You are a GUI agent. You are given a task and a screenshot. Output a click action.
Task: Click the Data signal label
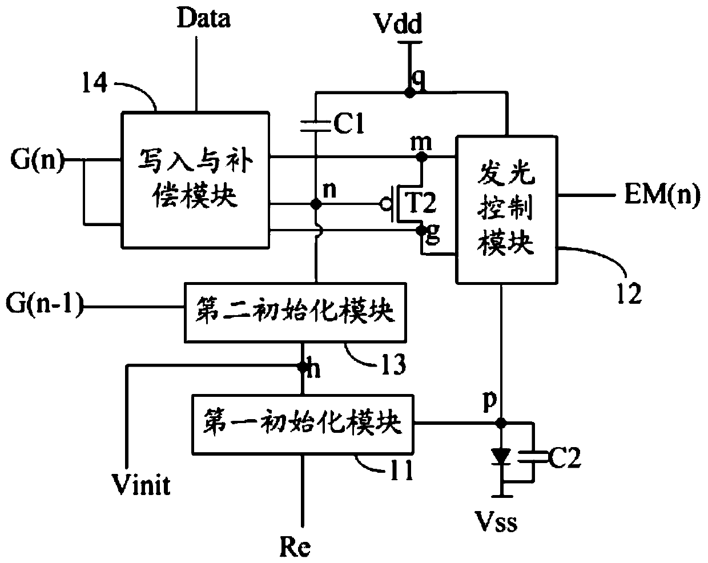click(x=204, y=18)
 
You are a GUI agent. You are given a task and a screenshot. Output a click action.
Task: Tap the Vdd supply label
click(x=399, y=23)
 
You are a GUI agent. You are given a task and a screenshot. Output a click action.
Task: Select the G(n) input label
click(x=37, y=160)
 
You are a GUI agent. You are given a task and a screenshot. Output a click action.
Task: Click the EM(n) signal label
click(x=662, y=195)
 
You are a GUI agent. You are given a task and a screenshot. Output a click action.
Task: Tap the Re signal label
click(x=295, y=547)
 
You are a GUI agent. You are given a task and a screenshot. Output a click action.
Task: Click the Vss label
click(x=496, y=521)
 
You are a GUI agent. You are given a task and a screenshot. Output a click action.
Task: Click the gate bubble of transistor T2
click(x=385, y=204)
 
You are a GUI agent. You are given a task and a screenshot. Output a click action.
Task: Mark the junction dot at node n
click(x=316, y=204)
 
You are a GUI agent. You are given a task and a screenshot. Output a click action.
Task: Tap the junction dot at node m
click(x=422, y=158)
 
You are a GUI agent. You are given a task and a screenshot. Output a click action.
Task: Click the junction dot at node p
click(x=501, y=423)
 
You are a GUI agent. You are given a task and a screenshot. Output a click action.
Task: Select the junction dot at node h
click(x=303, y=367)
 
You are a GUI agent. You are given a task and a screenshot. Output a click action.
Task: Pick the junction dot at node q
click(x=409, y=93)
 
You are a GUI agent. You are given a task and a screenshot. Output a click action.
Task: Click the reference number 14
click(x=95, y=83)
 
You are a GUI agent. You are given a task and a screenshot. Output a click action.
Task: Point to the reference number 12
click(x=629, y=293)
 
